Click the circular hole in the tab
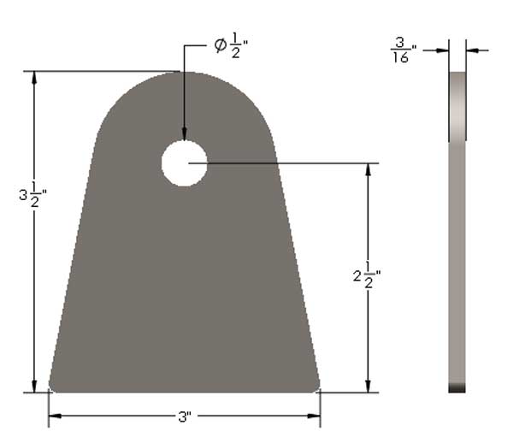[x=184, y=163]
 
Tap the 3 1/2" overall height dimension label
[x=32, y=194]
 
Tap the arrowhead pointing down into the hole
[x=184, y=134]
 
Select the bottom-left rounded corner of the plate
[x=54, y=385]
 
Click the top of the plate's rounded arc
[x=184, y=74]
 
